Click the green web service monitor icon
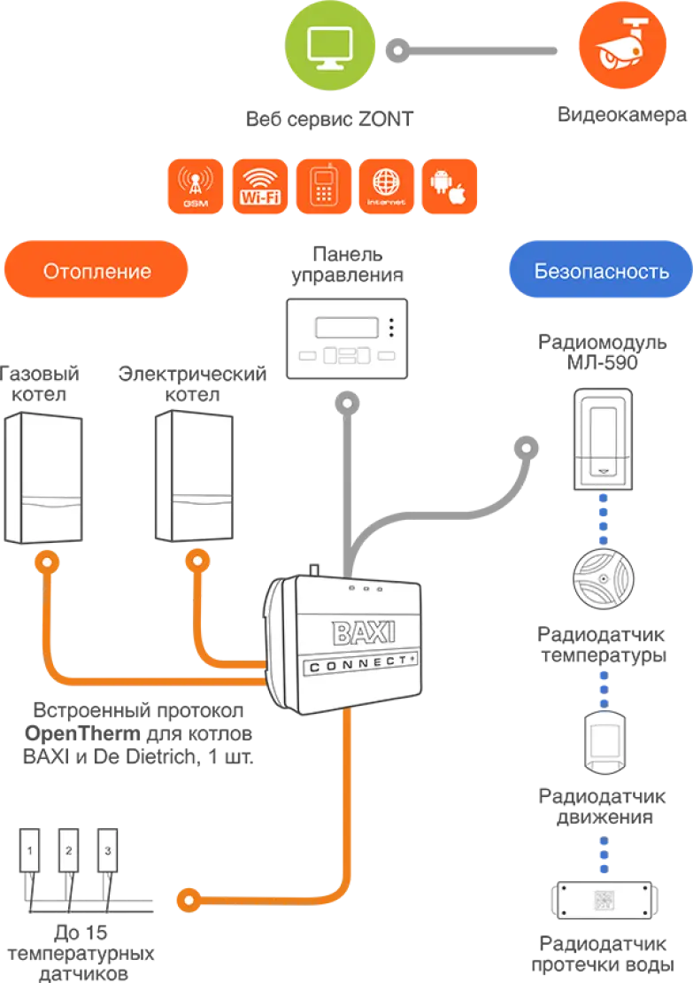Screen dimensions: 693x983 (329, 46)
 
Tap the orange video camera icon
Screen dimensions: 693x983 (622, 45)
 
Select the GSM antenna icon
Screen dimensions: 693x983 (196, 186)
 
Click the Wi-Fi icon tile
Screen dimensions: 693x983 (260, 186)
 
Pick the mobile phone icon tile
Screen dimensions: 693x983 (323, 186)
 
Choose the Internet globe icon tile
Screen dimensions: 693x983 (387, 186)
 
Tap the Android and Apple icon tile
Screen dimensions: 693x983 (450, 186)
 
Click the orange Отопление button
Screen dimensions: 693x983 (96, 269)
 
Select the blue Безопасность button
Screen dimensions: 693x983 (601, 269)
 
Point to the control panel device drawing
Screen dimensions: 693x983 (347, 338)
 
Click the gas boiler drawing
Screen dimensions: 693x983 (43, 477)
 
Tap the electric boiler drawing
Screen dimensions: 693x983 (194, 476)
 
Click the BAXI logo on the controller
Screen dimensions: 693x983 (364, 632)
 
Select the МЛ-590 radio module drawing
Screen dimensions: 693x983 (604, 439)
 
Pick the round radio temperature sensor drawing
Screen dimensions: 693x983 (604, 578)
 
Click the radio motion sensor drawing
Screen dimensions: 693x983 (604, 742)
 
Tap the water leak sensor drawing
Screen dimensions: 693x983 (604, 901)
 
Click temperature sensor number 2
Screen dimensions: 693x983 (68, 851)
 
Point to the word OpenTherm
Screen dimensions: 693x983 (82, 733)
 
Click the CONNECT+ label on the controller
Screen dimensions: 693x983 (361, 664)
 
